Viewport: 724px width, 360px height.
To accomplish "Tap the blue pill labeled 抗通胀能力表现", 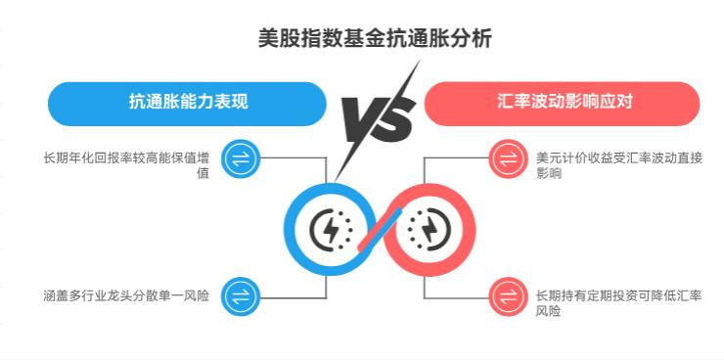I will click(187, 102).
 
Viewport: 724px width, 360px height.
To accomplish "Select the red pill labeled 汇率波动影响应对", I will click(562, 102).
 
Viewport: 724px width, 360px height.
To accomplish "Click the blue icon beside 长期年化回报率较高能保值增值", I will click(239, 158).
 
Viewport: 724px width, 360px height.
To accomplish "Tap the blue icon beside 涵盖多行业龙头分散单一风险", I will click(239, 294).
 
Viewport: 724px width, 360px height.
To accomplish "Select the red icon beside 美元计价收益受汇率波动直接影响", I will click(507, 158).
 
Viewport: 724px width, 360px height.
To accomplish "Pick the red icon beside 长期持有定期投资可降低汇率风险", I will click(507, 294).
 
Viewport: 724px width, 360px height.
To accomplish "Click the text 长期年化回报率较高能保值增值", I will click(127, 164).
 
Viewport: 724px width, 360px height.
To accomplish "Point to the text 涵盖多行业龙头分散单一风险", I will click(126, 294).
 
